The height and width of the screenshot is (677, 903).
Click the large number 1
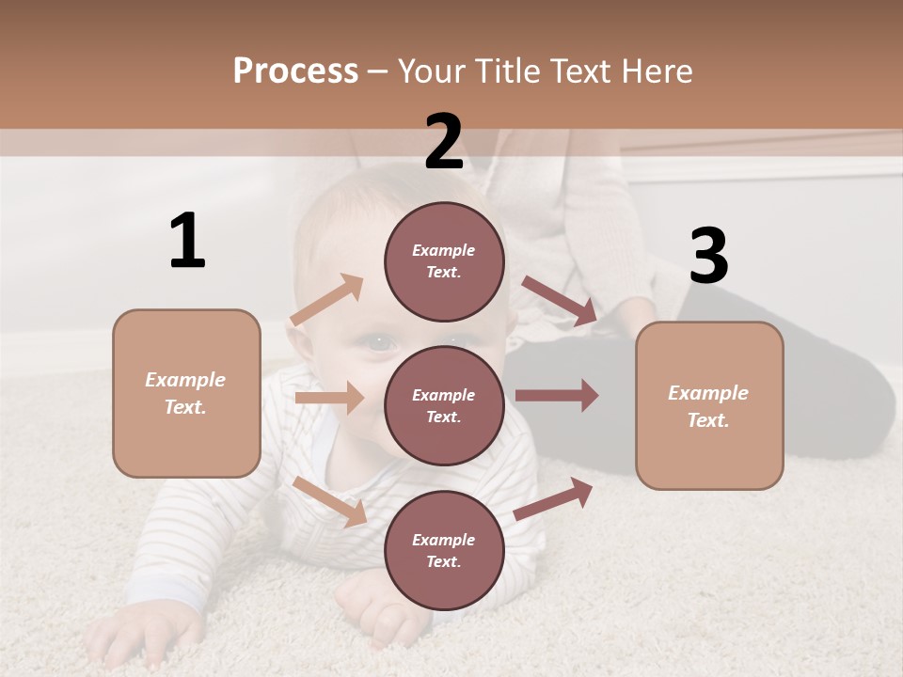187,241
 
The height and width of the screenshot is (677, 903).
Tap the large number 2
444,142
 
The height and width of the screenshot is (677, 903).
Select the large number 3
708,256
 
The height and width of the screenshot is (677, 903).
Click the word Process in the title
295,71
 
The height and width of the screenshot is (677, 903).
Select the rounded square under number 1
186,393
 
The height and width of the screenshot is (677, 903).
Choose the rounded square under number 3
709,405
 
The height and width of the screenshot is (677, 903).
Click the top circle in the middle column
444,261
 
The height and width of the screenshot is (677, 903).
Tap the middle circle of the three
444,405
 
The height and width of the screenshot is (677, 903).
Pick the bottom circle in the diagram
444,550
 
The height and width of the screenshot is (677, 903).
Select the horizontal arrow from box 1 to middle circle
329,398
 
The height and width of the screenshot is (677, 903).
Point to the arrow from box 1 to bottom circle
330,501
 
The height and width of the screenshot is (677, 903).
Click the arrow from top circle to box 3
559,300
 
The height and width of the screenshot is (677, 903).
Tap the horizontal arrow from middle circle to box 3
557,395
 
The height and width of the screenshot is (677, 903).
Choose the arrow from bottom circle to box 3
553,498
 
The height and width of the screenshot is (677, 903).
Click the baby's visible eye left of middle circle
379,343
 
